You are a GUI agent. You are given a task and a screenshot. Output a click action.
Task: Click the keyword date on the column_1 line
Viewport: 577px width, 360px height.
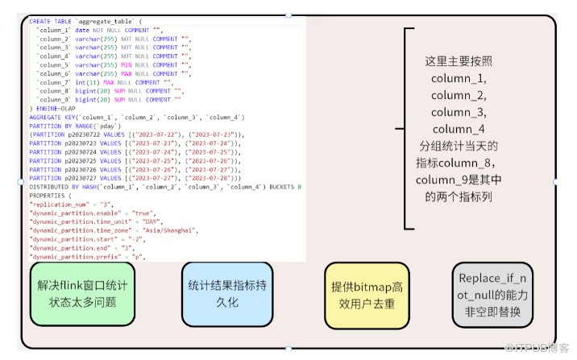click(x=82, y=30)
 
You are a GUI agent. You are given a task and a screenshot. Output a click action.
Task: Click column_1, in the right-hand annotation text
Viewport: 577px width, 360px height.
click(x=458, y=77)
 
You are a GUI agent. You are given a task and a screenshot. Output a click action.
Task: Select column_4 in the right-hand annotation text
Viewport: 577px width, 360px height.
click(x=458, y=129)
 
